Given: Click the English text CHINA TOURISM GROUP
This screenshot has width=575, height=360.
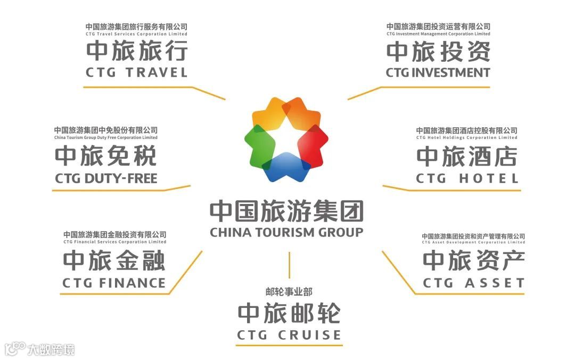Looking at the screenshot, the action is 286,232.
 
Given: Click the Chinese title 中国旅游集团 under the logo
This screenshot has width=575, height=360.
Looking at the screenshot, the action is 286,211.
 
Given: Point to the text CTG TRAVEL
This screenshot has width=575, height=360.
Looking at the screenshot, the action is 137,72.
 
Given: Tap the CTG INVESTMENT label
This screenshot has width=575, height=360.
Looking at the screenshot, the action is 438,72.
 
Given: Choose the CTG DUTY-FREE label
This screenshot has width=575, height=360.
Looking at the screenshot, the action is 106,178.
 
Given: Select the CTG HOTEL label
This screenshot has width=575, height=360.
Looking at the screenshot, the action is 467,178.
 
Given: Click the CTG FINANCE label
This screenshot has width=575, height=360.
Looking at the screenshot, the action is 114,283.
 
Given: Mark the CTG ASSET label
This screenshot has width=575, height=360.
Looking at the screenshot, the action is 474,283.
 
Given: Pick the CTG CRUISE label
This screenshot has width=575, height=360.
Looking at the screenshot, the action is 289,336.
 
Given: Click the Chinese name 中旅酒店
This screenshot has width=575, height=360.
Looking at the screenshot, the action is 467,157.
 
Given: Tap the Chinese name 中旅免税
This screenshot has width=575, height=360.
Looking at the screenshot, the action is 106,157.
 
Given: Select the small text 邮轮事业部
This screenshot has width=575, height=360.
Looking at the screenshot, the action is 289,291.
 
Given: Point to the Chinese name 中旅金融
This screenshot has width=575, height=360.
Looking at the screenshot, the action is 114,261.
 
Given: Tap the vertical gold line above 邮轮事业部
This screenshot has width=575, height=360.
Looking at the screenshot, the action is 289,265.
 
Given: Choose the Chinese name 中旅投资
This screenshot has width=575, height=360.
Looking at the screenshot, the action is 438,52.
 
